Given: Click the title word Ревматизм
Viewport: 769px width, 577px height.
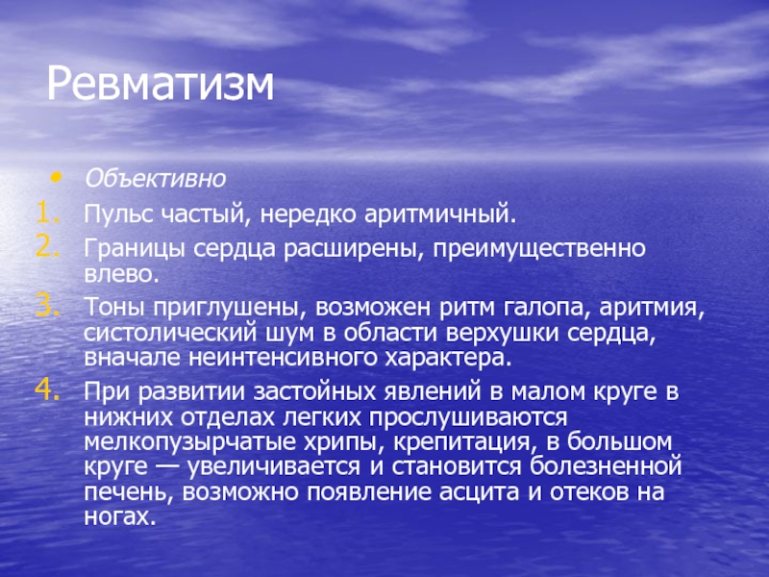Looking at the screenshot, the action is tap(160, 84).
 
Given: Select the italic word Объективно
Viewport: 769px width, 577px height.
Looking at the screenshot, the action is tap(155, 179).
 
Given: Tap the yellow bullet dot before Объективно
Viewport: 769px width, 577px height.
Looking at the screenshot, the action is tap(57, 176).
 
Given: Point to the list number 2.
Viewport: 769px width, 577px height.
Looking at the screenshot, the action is tap(47, 247).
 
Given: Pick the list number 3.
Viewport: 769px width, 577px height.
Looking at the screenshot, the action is tap(47, 307).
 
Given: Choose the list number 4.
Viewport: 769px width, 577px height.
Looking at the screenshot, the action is tap(47, 390).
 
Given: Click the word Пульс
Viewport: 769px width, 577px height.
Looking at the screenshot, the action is tap(117, 214).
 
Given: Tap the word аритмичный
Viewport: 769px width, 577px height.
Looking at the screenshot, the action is tap(440, 214).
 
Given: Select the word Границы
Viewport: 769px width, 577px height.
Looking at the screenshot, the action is tap(135, 249).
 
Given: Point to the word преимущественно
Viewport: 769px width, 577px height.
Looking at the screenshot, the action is tap(538, 249).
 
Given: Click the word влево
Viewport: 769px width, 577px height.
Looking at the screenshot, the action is tap(122, 274).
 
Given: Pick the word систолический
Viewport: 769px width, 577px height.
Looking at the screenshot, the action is tap(170, 333).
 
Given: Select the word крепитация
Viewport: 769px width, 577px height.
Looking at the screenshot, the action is tap(463, 442).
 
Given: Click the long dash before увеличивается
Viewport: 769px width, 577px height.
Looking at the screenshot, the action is tap(166, 466).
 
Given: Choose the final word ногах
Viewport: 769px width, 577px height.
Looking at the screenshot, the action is tap(119, 516).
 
